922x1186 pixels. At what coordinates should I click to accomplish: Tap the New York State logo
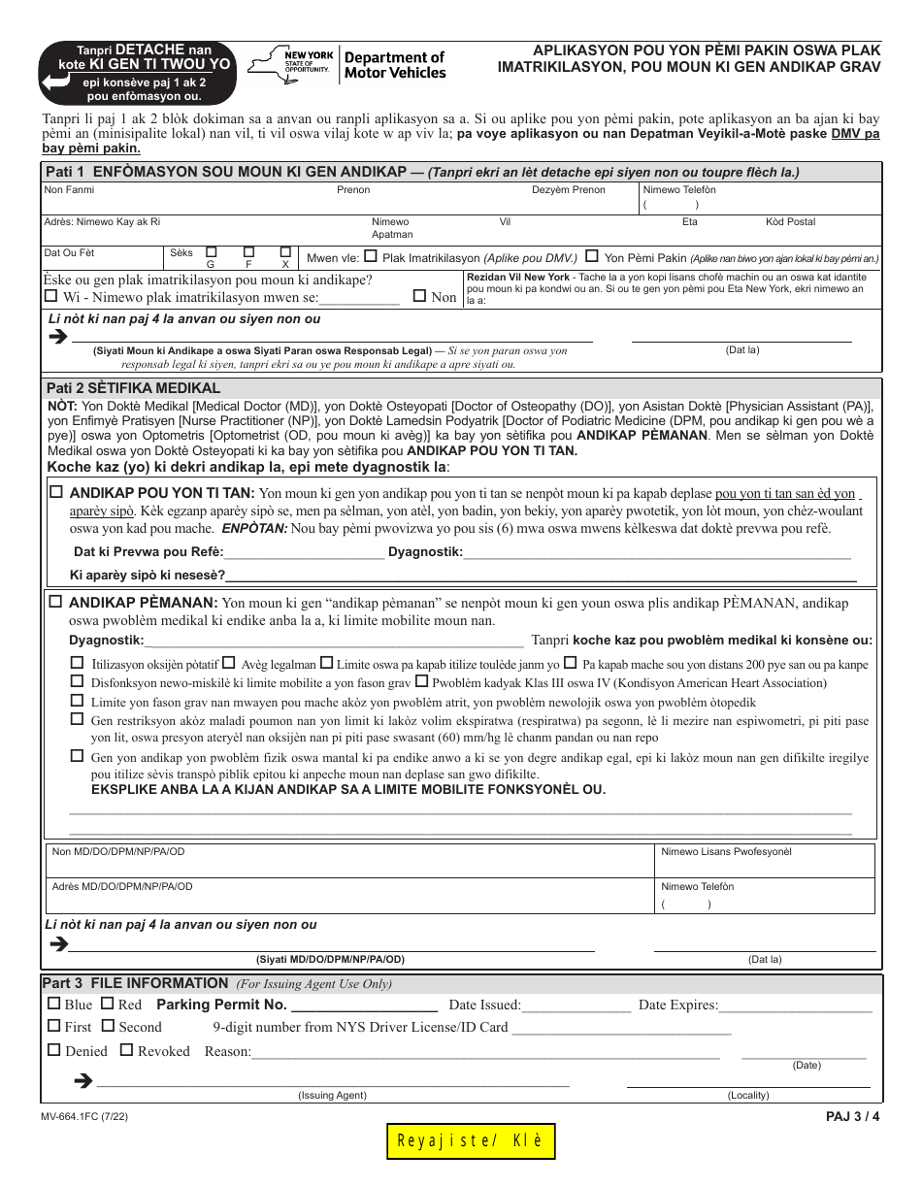coord(291,66)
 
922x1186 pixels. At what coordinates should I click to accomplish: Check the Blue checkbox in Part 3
coord(54,1005)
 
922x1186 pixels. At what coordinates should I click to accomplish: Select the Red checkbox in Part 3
coord(108,1005)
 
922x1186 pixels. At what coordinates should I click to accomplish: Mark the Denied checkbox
coord(54,1050)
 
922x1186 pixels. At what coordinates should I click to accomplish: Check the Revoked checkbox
coord(126,1050)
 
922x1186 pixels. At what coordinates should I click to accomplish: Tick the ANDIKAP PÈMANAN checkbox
coord(56,602)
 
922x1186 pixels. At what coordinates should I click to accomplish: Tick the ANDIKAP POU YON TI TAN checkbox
coord(56,492)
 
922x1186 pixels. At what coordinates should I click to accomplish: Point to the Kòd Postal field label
coord(790,222)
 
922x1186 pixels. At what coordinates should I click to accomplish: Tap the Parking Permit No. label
coord(221,1005)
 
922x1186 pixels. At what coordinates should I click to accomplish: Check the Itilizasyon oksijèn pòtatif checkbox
coord(77,664)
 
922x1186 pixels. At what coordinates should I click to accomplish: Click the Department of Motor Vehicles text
coord(395,65)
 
